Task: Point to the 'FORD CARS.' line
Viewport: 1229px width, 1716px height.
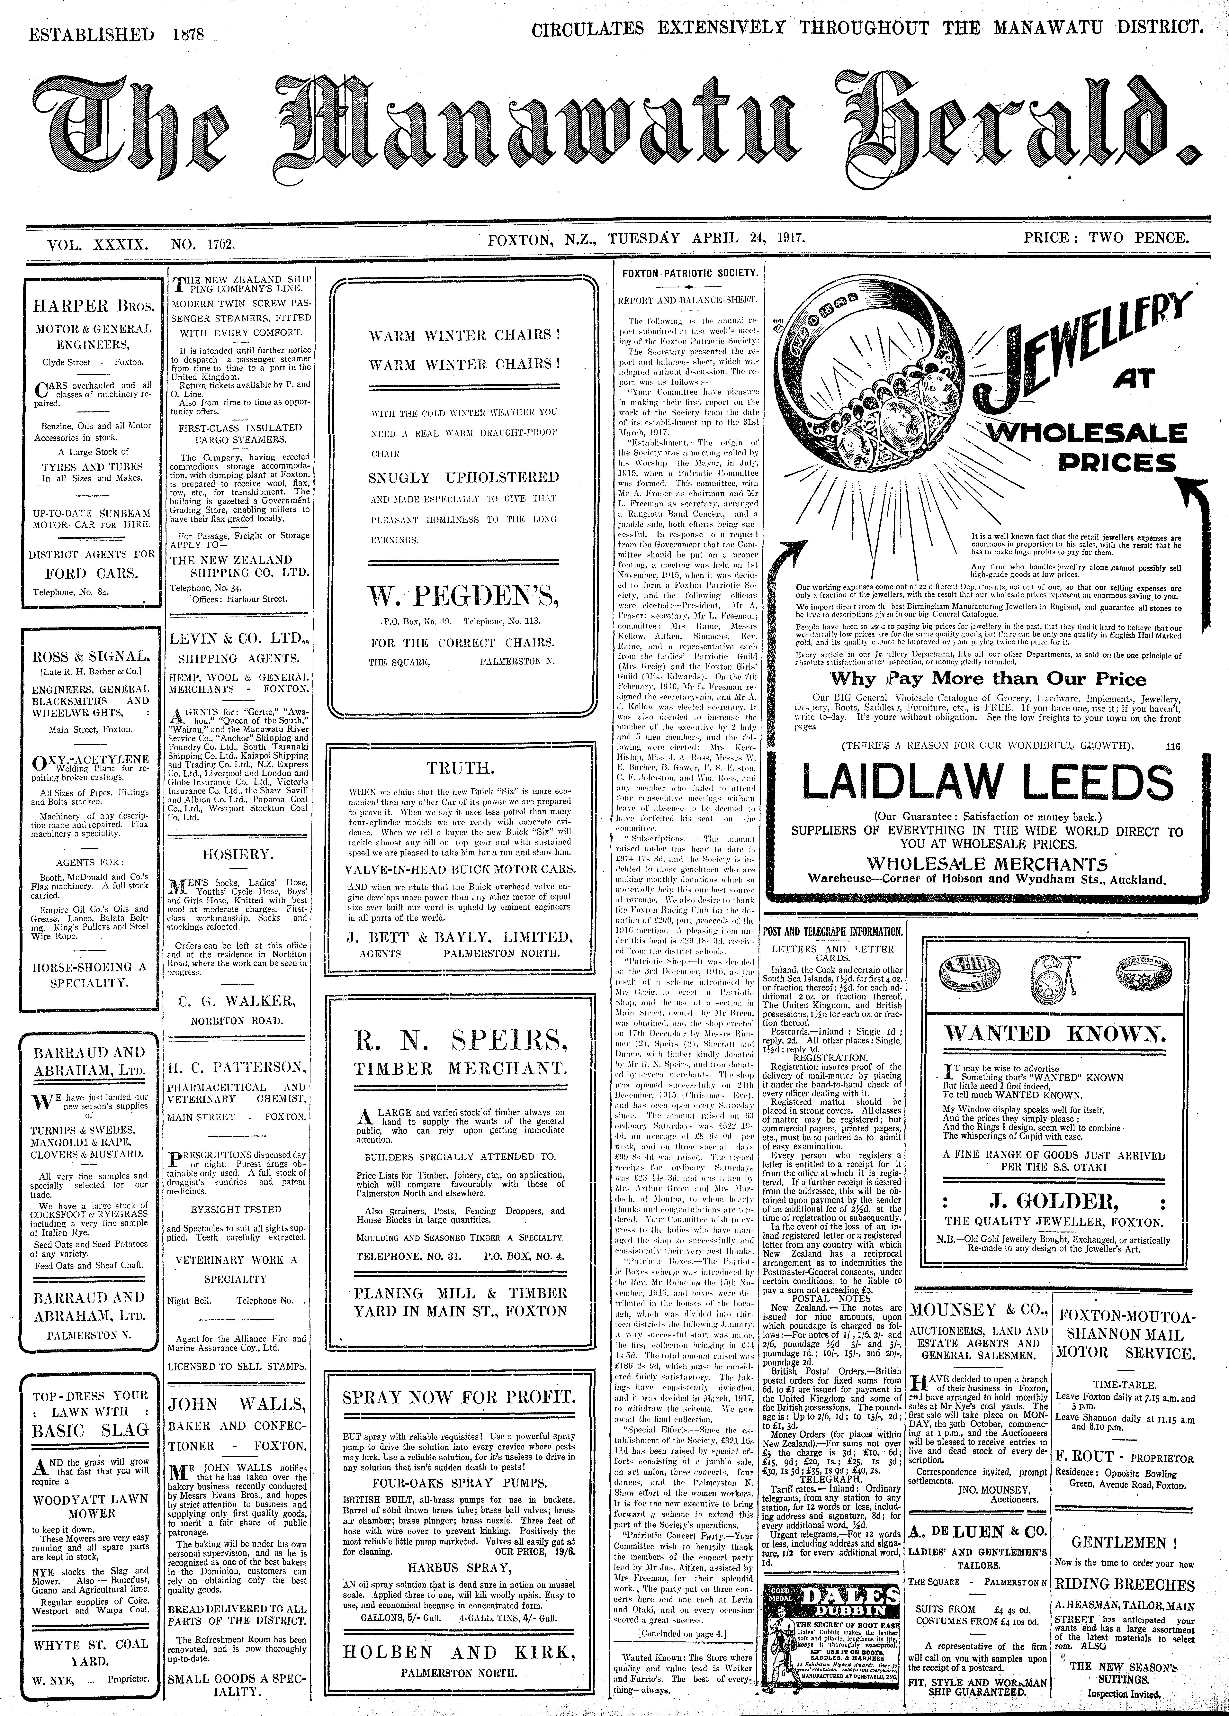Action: coord(92,573)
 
